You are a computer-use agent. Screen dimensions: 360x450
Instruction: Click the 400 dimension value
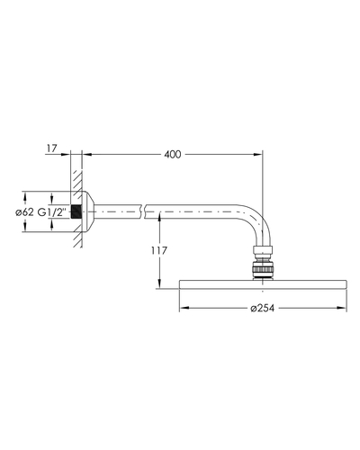pyautogui.click(x=173, y=155)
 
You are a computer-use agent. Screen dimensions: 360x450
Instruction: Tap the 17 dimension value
pyautogui.click(x=51, y=148)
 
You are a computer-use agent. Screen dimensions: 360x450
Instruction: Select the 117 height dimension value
pyautogui.click(x=159, y=250)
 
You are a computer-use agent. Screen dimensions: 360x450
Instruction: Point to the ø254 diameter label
pyautogui.click(x=263, y=308)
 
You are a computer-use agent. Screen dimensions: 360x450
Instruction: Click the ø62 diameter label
pyautogui.click(x=24, y=212)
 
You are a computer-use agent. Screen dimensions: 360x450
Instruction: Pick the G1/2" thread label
pyautogui.click(x=51, y=212)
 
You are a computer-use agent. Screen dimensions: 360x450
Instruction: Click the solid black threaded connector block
pyautogui.click(x=76, y=211)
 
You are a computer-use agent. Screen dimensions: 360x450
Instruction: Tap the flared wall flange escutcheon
pyautogui.click(x=87, y=211)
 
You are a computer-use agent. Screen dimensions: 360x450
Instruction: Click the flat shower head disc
pyautogui.click(x=263, y=284)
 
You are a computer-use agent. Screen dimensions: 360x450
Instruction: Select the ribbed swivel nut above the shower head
pyautogui.click(x=263, y=268)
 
